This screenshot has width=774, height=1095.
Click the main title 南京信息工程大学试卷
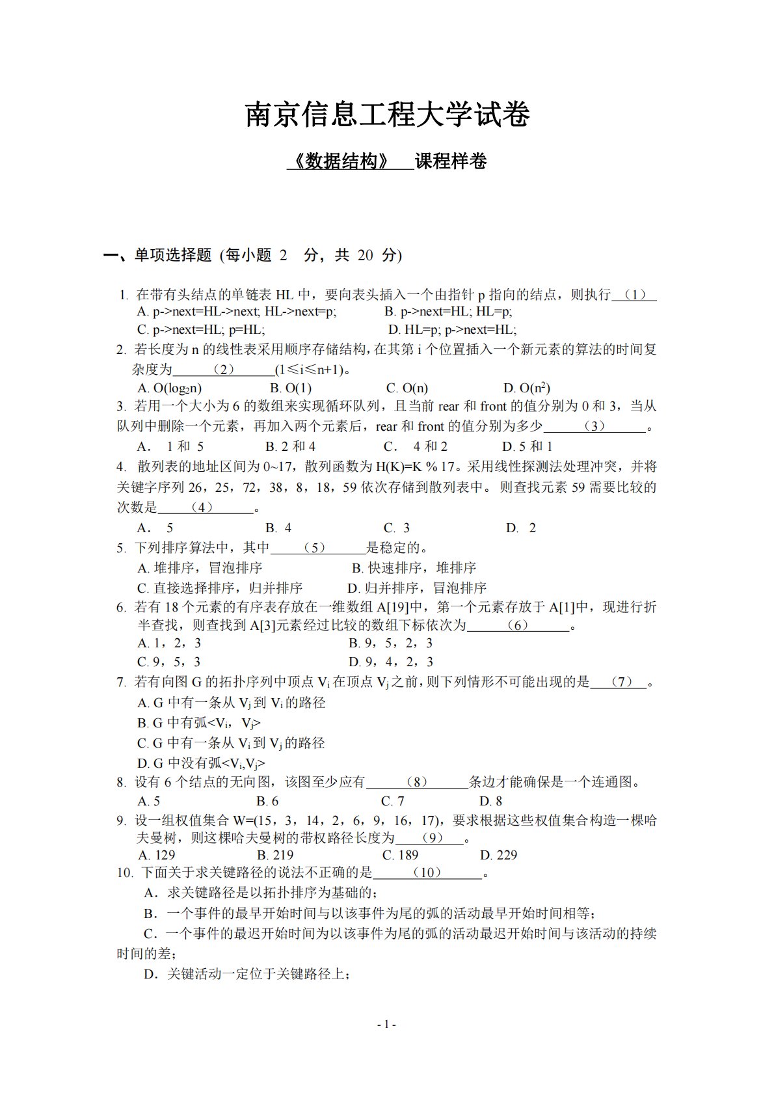click(387, 115)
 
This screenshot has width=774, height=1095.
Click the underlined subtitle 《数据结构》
click(341, 161)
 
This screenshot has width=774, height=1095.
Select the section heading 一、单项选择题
click(158, 255)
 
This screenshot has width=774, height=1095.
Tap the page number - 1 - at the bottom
click(386, 1024)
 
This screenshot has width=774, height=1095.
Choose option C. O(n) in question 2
click(407, 388)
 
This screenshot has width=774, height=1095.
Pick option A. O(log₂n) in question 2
click(169, 388)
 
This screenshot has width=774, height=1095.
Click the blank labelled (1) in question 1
click(634, 295)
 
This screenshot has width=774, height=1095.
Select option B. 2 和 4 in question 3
click(290, 446)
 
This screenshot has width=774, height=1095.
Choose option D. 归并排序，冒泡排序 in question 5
click(417, 588)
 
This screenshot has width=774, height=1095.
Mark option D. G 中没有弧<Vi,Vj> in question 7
click(201, 763)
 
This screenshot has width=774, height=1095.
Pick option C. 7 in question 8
click(392, 801)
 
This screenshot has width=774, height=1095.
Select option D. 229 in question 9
click(498, 855)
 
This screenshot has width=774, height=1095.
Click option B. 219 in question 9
click(275, 855)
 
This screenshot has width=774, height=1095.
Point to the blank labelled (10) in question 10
click(427, 872)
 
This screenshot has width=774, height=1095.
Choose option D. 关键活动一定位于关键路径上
click(247, 974)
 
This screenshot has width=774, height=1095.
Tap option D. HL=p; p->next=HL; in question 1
click(452, 330)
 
